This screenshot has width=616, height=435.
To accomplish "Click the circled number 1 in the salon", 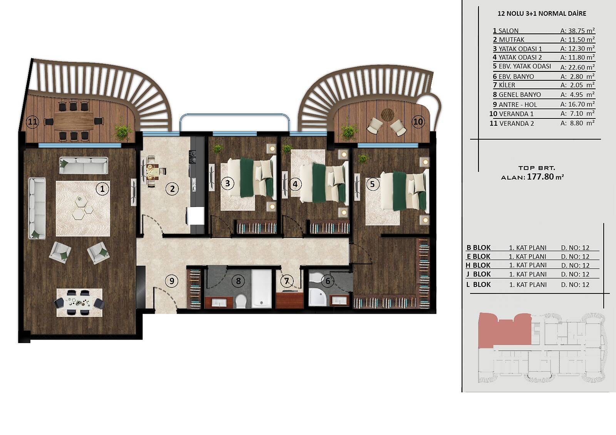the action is pos(102,189).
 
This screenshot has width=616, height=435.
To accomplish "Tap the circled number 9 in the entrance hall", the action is pos(172,281).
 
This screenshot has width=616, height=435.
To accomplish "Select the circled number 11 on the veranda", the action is pos(32,122).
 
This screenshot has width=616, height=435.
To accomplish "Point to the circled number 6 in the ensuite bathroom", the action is pos(328,281).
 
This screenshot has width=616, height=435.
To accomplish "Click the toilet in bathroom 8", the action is pos(241,301).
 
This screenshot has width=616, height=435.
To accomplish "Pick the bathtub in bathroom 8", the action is pos(261,289).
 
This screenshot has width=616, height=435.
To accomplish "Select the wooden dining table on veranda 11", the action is pos(74,121).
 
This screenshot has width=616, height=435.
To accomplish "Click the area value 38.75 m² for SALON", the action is pos(577,30).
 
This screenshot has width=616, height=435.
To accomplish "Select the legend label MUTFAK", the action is pos(512,40).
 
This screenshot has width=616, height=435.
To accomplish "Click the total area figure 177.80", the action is pos(540,177).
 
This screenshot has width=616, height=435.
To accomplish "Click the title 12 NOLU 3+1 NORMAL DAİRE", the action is pos(542,13).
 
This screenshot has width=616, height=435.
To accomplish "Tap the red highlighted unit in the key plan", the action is pos(505,331).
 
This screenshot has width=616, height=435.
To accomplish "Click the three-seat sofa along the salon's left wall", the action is pos(37,208).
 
